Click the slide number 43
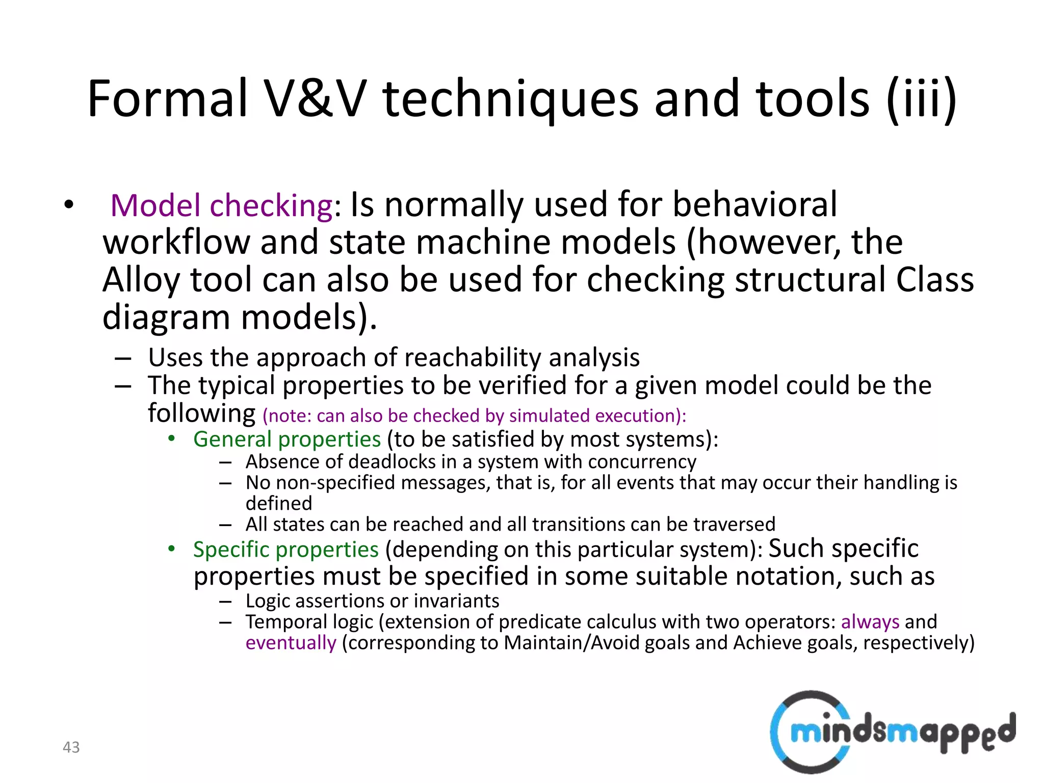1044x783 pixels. (71, 747)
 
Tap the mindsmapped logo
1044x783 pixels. (892, 732)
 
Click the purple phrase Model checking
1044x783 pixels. (222, 205)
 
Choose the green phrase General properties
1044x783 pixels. (287, 439)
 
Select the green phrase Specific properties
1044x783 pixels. (286, 550)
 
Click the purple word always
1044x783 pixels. (870, 622)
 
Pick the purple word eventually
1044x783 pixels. (291, 643)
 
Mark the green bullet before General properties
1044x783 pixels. (172, 438)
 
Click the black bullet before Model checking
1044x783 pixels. (69, 205)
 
